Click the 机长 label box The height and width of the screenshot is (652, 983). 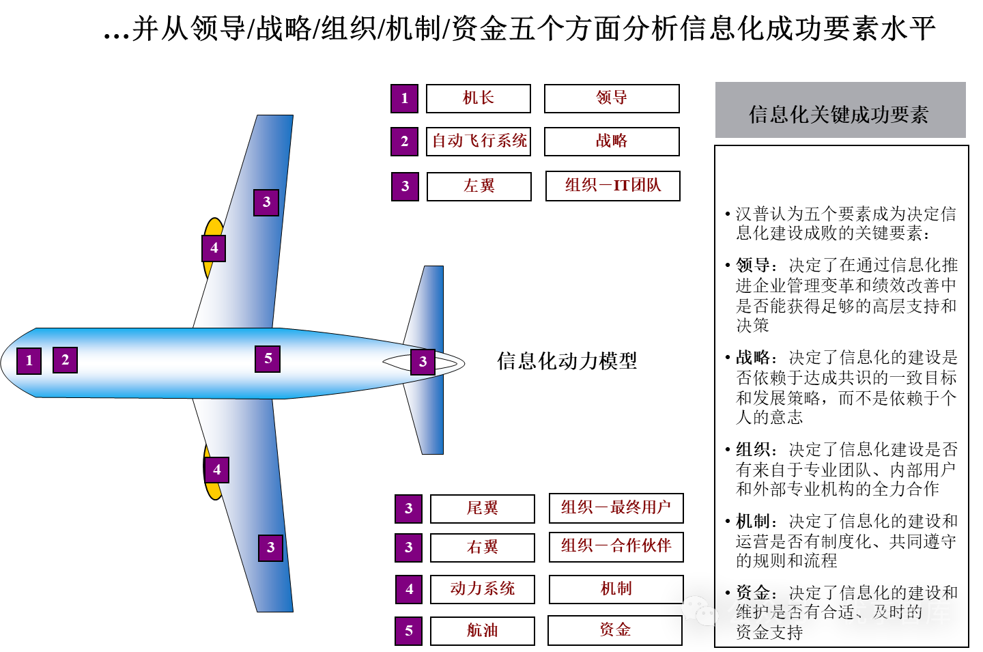point(478,98)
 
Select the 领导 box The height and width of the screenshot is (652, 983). point(612,98)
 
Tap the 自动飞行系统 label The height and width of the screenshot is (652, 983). point(479,141)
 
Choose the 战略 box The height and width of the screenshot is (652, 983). point(612,141)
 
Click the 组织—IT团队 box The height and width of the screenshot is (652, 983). point(612,186)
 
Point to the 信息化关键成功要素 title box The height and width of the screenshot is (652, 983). point(840,111)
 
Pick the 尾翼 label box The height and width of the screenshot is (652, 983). point(482,509)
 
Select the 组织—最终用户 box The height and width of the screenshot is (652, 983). point(616,508)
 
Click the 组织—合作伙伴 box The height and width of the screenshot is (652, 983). point(616,546)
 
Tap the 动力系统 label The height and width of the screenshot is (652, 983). point(482,589)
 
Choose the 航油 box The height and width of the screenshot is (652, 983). point(482,631)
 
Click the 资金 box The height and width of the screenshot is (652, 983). point(614,630)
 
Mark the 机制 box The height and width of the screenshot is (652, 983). point(616,589)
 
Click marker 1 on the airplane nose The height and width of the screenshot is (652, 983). point(29,360)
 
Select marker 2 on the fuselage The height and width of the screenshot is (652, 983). point(65,360)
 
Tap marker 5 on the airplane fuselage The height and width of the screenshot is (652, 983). point(268,359)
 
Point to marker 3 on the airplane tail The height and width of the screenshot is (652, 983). point(423,362)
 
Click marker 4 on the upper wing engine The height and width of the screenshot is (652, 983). point(214,249)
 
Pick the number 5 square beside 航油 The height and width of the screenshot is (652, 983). point(408,631)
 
